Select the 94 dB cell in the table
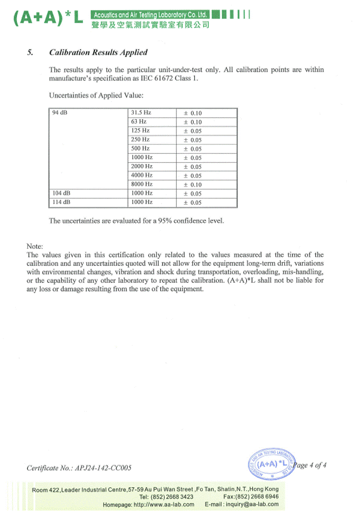(59, 113)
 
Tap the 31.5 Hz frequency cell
(141, 113)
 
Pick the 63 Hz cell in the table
(139, 122)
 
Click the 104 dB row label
(61, 193)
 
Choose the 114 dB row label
(61, 202)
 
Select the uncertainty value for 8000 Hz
(192, 185)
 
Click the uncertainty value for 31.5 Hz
(192, 113)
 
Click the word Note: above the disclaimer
(35, 246)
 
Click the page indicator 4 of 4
(318, 465)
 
